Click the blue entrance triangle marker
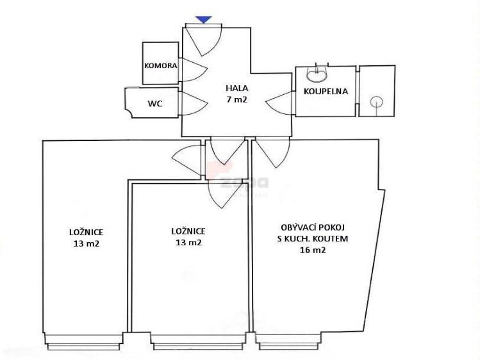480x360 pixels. [204, 20]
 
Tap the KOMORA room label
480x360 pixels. [160, 65]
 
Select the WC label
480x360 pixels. [155, 104]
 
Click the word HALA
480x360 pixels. [237, 88]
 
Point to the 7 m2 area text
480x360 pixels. [236, 99]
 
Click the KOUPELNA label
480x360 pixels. [326, 91]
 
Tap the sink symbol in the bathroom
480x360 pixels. [317, 74]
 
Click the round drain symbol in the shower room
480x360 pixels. [376, 102]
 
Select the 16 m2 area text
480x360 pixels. [313, 250]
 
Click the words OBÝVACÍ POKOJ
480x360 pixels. [313, 227]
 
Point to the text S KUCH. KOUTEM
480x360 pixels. [313, 238]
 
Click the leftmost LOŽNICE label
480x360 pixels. [87, 232]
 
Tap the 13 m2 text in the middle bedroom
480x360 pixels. [188, 242]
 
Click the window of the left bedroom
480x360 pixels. [83, 341]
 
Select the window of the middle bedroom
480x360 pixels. [198, 341]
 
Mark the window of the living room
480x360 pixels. [288, 341]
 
